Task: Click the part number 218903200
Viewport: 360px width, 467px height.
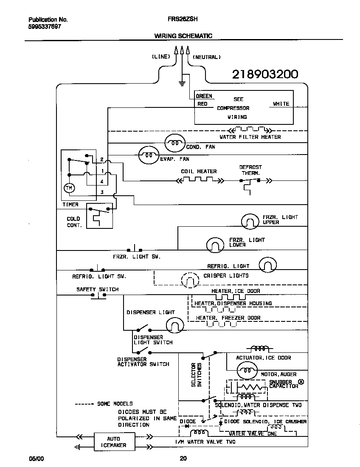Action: (x=265, y=74)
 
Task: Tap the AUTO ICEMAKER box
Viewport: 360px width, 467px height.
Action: (x=114, y=442)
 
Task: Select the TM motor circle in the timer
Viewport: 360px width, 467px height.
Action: (x=68, y=188)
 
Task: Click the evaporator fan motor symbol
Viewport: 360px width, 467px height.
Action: (x=148, y=155)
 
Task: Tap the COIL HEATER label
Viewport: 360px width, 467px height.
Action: (x=199, y=172)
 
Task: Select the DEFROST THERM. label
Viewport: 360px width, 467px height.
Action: (x=250, y=170)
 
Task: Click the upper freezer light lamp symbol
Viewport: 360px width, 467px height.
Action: (x=250, y=221)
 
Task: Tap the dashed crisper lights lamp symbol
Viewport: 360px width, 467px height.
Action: (x=190, y=280)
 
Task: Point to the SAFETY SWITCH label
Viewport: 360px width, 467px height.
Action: (x=97, y=289)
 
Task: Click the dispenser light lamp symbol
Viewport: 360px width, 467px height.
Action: (x=174, y=325)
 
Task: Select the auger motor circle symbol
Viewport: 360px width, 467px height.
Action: (x=247, y=371)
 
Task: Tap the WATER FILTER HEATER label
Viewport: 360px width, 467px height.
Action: (x=250, y=137)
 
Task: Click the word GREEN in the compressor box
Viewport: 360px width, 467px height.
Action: (x=204, y=96)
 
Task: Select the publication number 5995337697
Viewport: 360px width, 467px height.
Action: (x=45, y=26)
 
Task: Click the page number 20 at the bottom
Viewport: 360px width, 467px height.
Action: (x=183, y=458)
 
